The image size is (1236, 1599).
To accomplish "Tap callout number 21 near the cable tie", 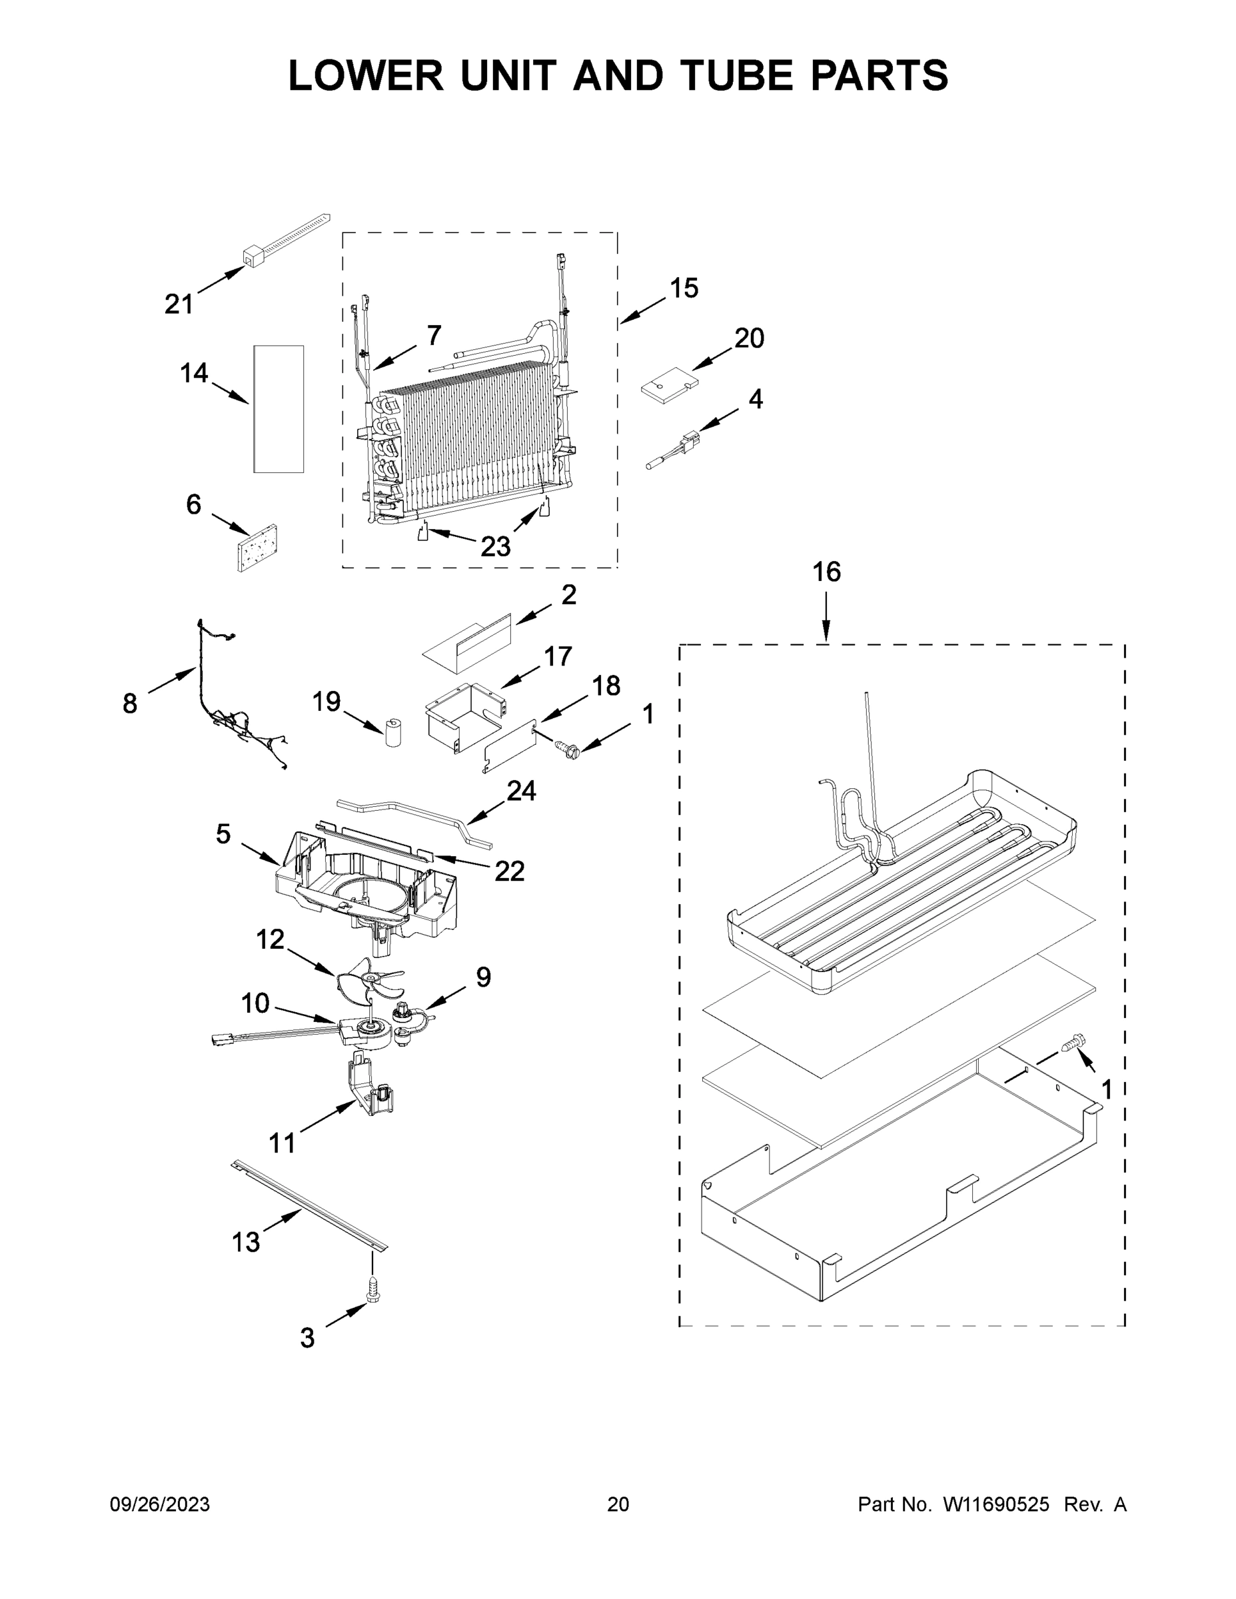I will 179,304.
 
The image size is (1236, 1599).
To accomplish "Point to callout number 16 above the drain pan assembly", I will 827,572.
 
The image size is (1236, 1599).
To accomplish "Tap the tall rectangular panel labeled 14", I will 279,408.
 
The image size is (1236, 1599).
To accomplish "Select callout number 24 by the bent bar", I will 521,791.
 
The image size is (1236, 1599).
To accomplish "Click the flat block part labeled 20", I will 669,386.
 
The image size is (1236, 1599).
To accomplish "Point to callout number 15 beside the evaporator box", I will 684,288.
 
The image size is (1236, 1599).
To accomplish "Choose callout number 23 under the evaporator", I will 495,546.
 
